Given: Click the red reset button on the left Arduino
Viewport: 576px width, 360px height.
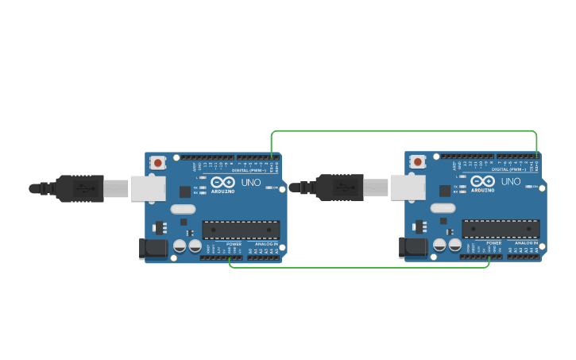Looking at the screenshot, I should tap(158, 163).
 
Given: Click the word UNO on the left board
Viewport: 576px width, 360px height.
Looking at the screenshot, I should tap(251, 183).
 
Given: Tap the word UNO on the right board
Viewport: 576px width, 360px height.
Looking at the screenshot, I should tap(511, 182).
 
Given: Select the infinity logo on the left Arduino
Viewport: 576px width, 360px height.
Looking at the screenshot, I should tap(223, 182).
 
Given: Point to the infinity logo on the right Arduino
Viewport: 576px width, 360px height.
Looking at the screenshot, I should tap(483, 181).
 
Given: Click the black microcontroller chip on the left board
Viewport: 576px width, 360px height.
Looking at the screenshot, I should tap(241, 230).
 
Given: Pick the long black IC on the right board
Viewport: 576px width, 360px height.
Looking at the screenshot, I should tap(501, 229).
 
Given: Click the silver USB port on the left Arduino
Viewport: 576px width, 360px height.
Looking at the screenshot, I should tap(149, 188).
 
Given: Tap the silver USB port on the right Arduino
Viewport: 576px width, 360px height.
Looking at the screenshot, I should tap(408, 188).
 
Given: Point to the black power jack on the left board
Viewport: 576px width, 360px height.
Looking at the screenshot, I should tap(154, 249).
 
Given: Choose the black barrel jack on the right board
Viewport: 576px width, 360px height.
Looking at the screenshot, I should tap(414, 248).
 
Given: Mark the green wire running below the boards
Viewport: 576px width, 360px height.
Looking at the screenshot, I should tap(358, 267).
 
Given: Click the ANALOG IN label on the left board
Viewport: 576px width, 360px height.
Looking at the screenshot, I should tap(265, 244).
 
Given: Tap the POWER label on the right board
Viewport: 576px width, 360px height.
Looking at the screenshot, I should tap(493, 243).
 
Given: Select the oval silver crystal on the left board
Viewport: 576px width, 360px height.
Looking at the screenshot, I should tap(182, 209).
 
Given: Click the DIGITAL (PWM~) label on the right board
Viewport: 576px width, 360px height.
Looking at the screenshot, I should tap(508, 169).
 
